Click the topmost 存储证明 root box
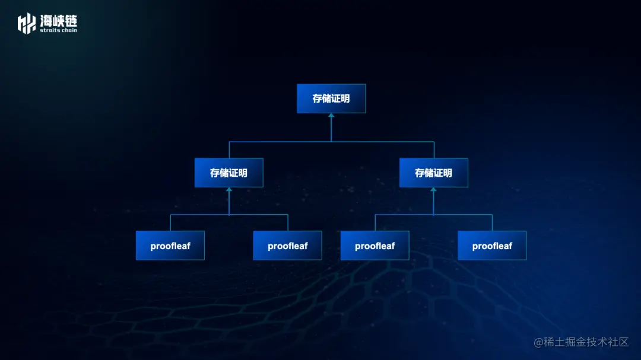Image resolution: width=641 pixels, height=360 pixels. pyautogui.click(x=331, y=98)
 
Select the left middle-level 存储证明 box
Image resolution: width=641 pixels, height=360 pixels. pyautogui.click(x=229, y=173)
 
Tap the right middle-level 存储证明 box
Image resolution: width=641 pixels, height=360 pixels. pyautogui.click(x=433, y=173)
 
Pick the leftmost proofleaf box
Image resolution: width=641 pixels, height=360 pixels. pyautogui.click(x=170, y=246)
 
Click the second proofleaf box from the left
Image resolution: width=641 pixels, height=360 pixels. pyautogui.click(x=287, y=246)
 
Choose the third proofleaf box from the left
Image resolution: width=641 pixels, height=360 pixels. pyautogui.click(x=375, y=246)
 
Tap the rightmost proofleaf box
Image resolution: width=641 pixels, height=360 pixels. pyautogui.click(x=492, y=246)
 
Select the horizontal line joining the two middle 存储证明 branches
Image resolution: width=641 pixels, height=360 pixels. pyautogui.click(x=279, y=142)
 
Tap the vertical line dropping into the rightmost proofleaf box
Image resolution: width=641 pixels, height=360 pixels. pyautogui.click(x=492, y=223)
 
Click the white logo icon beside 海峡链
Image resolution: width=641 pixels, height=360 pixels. pyautogui.click(x=27, y=23)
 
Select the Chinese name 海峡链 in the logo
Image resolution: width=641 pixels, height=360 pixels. pyautogui.click(x=58, y=20)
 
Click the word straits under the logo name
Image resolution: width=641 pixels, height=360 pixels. pyautogui.click(x=49, y=30)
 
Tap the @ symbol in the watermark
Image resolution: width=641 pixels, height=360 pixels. pyautogui.click(x=538, y=342)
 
